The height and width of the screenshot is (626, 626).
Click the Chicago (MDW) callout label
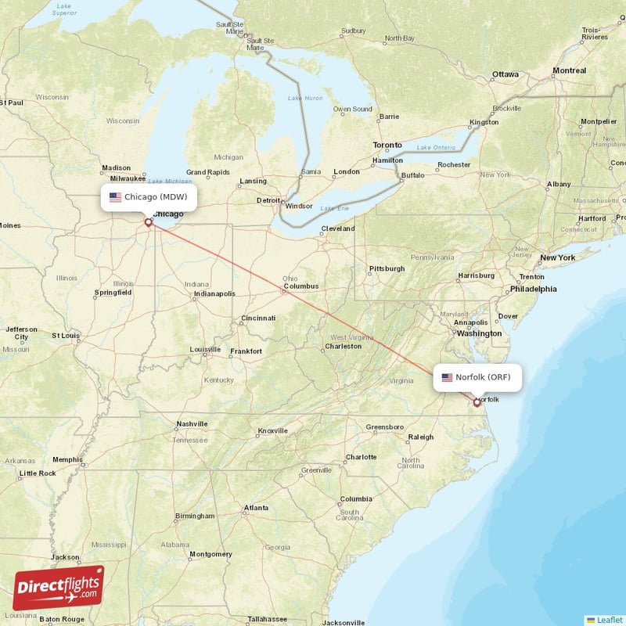tap(149, 197)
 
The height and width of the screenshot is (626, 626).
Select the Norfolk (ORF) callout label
tap(477, 377)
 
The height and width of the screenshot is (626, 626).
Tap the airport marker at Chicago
tap(148, 222)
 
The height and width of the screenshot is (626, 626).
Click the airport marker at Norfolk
tap(477, 402)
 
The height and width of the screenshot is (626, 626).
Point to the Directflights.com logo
tap(59, 587)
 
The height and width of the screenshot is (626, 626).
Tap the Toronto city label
tap(387, 146)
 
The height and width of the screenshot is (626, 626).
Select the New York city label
tap(557, 257)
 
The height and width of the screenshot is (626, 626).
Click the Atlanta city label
tap(255, 508)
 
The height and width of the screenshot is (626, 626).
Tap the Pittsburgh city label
tap(387, 268)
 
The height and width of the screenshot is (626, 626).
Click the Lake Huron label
tap(304, 98)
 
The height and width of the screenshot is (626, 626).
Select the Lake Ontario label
tap(435, 148)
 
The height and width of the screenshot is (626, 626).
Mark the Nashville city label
tap(192, 424)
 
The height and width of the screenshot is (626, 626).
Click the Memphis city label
tap(67, 459)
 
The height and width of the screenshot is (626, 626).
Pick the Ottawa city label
tap(504, 74)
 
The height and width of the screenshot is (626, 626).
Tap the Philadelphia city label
tap(533, 289)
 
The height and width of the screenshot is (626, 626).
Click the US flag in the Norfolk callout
tap(447, 377)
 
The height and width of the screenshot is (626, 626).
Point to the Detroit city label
tap(270, 200)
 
